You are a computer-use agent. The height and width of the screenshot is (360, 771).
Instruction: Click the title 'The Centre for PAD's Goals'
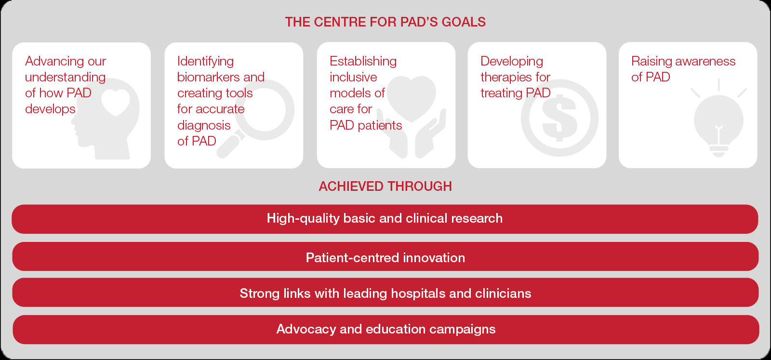click(x=385, y=22)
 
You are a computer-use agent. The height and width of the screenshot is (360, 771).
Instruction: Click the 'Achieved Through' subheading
click(x=385, y=186)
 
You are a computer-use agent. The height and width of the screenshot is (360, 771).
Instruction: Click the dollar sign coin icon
click(x=559, y=118)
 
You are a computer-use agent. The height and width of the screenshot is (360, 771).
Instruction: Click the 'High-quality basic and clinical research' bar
click(x=385, y=219)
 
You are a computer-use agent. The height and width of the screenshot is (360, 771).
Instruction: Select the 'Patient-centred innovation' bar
click(x=385, y=256)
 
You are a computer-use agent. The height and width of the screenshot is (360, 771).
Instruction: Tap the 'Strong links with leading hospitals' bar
click(x=385, y=293)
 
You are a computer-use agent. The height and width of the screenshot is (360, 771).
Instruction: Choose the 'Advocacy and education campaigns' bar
click(x=386, y=329)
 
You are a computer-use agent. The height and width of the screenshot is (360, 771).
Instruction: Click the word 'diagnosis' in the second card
click(x=204, y=125)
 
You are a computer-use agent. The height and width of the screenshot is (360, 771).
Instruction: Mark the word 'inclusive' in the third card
click(x=353, y=77)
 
